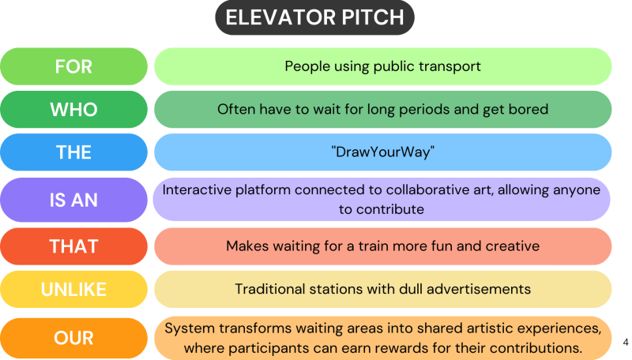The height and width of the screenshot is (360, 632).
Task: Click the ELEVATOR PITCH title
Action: click(314, 18)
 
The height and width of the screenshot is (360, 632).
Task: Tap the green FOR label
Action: click(73, 66)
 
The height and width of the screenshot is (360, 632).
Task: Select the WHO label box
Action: click(73, 110)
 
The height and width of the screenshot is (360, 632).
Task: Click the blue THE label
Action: click(73, 152)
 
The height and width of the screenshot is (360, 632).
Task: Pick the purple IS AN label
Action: click(73, 199)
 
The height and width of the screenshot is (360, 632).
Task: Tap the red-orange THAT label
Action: click(73, 246)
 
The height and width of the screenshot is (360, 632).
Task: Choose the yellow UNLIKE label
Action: click(73, 290)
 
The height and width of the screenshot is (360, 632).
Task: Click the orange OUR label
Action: click(73, 338)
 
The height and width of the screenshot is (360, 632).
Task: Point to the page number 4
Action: click(626, 343)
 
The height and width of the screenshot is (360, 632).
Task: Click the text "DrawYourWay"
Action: click(383, 152)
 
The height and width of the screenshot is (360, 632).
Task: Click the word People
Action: click(308, 66)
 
